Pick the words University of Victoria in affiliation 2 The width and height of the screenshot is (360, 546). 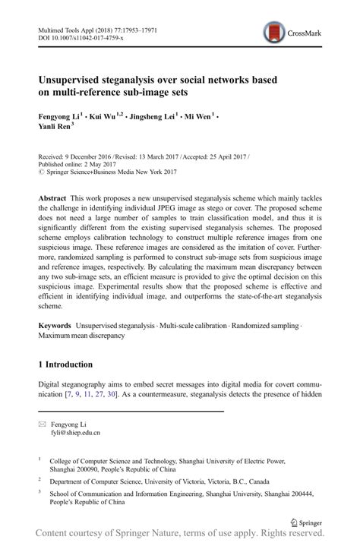(197, 481)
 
